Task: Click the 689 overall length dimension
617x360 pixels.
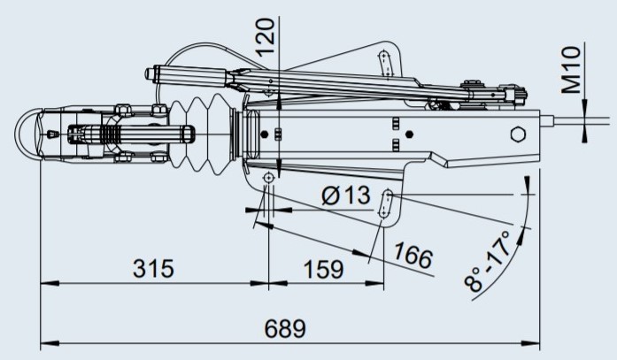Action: (x=285, y=329)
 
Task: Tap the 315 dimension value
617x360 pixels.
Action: (x=153, y=269)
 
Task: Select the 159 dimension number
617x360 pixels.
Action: (x=323, y=270)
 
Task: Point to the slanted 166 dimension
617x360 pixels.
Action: (x=413, y=256)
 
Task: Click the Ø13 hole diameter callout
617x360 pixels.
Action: (x=346, y=195)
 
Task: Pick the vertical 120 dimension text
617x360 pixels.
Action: (x=265, y=37)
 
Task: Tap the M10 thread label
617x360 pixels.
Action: (x=571, y=70)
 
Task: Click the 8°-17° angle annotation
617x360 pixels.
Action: (x=488, y=261)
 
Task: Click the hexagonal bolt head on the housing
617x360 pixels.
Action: (x=518, y=134)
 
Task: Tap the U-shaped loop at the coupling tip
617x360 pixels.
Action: (x=24, y=134)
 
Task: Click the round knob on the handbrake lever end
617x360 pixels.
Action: (x=150, y=74)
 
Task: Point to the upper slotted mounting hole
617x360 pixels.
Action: (x=387, y=63)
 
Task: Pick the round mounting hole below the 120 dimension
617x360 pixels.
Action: (x=269, y=178)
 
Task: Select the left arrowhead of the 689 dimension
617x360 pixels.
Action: (x=50, y=343)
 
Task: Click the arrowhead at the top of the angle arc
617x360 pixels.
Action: (x=526, y=185)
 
